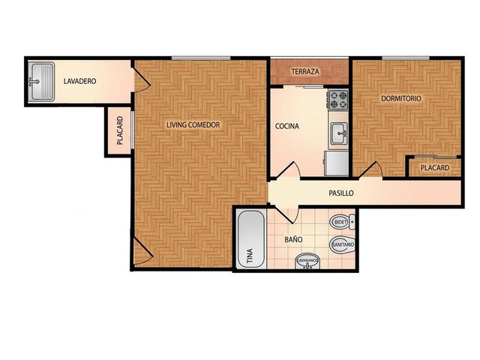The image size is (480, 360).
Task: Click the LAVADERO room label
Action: (79, 81)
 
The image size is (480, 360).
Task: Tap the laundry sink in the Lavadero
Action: (41, 82)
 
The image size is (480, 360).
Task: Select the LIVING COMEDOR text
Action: (193, 125)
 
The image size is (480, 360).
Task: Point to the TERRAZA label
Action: (305, 72)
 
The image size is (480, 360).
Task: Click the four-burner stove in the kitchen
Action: (338, 100)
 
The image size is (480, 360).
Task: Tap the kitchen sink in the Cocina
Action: (340, 133)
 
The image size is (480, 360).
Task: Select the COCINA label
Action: (286, 126)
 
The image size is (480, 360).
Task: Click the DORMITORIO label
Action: (401, 98)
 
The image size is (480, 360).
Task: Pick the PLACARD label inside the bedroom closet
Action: (435, 168)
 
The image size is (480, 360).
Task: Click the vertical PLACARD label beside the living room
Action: (120, 130)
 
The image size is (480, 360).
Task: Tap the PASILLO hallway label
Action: (341, 193)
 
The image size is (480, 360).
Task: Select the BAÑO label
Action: (293, 239)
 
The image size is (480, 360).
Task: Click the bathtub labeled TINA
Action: (251, 239)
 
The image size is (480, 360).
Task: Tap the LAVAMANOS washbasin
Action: (307, 261)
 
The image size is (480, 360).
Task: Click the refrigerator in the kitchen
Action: (337, 163)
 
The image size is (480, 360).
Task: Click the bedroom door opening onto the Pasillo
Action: (370, 169)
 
